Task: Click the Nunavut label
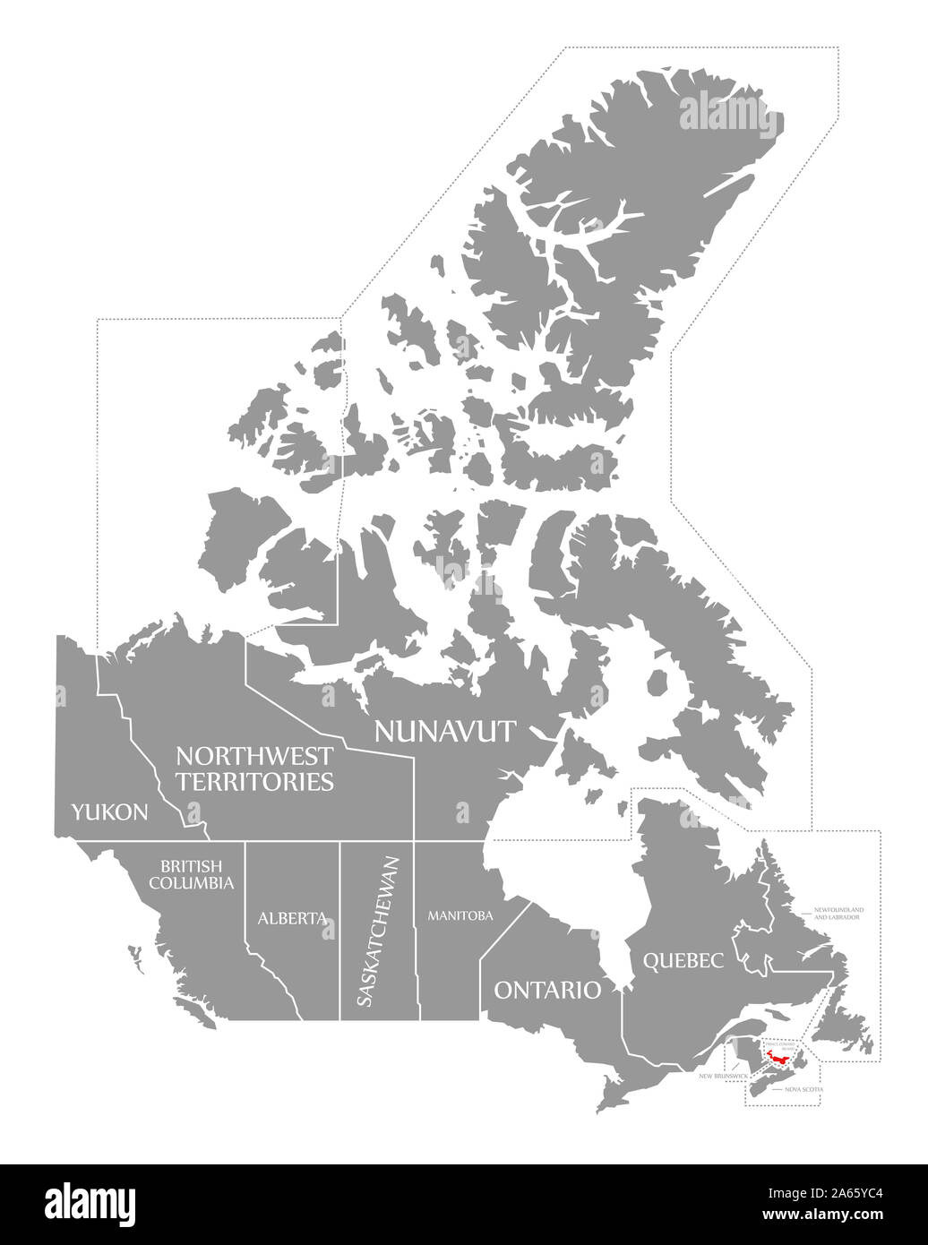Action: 445,732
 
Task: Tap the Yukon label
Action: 110,812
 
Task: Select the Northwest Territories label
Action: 254,768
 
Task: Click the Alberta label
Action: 291,918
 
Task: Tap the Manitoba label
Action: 460,915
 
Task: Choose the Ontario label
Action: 547,989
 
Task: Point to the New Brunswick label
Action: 723,1074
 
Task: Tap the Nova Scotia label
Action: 803,1089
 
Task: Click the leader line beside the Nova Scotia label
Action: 774,1089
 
